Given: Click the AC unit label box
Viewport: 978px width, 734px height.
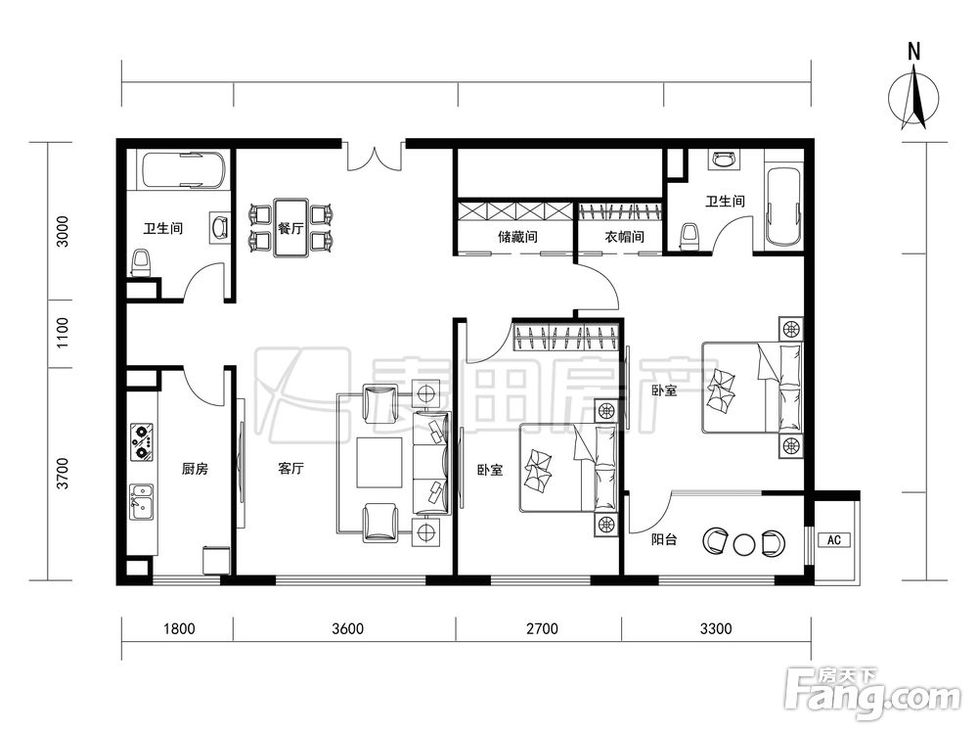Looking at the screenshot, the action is (x=834, y=540).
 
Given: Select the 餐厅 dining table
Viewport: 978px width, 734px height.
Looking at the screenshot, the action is (x=290, y=228).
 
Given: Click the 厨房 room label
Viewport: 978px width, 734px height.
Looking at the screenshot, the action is (x=195, y=468).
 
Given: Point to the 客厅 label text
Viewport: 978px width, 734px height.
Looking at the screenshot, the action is (x=290, y=468).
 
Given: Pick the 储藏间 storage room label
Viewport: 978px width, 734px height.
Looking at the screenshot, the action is (x=517, y=237).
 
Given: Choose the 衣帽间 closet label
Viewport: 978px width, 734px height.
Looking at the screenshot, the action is (x=624, y=237).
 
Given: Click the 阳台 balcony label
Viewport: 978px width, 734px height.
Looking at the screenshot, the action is (x=664, y=539).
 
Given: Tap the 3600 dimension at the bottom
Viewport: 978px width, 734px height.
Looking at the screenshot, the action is (x=347, y=628).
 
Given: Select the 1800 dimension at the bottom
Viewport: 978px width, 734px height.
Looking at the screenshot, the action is (x=179, y=628).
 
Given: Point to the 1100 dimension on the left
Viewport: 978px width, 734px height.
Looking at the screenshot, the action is (x=63, y=333).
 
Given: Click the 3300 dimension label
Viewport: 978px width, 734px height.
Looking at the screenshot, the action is (x=716, y=628).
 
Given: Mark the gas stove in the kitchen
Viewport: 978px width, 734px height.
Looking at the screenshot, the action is (x=142, y=442).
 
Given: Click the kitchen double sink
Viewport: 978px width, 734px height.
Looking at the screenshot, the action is (x=141, y=502).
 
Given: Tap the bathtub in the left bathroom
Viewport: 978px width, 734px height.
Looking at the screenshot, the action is (x=183, y=169).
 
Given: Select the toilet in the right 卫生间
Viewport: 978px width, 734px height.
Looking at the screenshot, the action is (x=689, y=237).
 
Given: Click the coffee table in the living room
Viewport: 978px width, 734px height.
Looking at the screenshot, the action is (x=379, y=462).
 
